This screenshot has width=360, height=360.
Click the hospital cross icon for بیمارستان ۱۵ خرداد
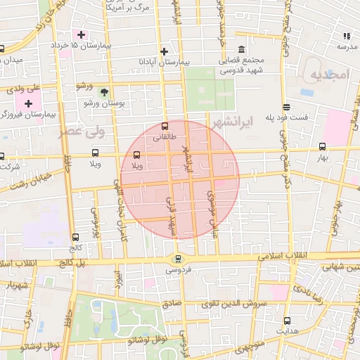coord(82,34)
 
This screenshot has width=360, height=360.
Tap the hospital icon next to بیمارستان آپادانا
coord(164,51)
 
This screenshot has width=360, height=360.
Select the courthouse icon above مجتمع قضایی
coord(242,49)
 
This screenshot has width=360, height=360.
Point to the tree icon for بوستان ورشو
coord(104,92)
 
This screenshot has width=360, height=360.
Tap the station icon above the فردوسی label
coord(176,258)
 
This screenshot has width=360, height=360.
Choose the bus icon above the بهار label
coord(323,147)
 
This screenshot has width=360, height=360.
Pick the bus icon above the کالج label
coord(75,238)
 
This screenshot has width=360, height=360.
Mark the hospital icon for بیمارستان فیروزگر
coord(28,104)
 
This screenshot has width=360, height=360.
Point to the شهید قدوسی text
coord(243,70)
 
